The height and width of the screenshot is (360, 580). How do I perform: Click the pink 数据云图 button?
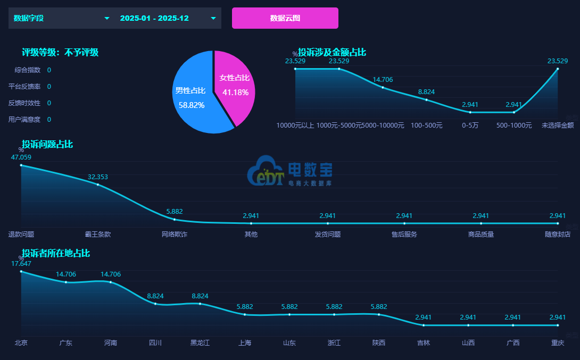click(x=285, y=18)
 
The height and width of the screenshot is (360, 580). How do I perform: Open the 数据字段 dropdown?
click(x=61, y=18)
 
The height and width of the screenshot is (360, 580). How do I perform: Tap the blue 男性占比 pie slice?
click(x=191, y=98)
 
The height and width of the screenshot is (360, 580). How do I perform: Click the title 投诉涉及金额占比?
click(x=332, y=52)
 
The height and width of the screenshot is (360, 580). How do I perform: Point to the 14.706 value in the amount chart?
click(x=383, y=80)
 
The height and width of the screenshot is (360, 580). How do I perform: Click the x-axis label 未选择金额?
click(x=558, y=125)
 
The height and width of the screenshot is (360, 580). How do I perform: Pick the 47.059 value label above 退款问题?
click(x=21, y=157)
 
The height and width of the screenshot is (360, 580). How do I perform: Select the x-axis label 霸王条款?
click(x=98, y=234)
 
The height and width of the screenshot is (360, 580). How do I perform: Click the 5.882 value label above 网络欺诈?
click(x=175, y=211)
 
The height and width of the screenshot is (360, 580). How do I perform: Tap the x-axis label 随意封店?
click(x=558, y=234)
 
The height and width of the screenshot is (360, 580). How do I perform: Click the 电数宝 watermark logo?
click(x=290, y=171)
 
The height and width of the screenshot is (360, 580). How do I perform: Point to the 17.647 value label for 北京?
click(x=21, y=263)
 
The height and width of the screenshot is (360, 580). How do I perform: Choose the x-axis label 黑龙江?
click(x=200, y=343)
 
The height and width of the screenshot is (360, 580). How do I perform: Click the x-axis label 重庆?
click(x=558, y=343)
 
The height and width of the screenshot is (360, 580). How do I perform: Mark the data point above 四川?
click(x=155, y=304)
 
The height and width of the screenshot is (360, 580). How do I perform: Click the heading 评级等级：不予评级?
click(x=60, y=52)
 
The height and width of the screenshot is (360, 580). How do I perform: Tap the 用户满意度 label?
click(x=24, y=120)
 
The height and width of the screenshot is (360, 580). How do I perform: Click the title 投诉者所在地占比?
click(x=56, y=253)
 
